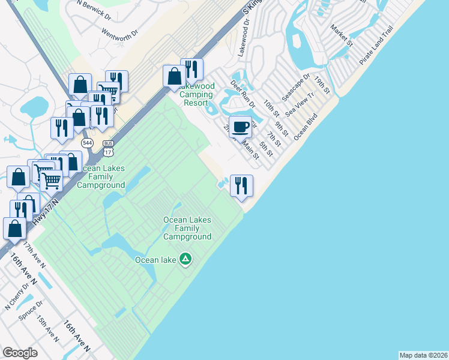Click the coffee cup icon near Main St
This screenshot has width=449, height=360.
tap(240, 127)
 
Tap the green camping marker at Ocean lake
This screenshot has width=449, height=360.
tap(186, 259)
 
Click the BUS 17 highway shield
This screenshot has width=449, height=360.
tap(108, 146)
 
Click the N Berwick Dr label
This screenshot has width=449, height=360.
tap(94, 10)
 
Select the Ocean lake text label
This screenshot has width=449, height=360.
tap(155, 260)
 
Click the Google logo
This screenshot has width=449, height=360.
tap(20, 353)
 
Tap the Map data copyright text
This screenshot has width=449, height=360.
tap(423, 355)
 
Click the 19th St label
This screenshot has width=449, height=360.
tap(322, 85)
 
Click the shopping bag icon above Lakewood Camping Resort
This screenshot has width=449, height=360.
tap(175, 76)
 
